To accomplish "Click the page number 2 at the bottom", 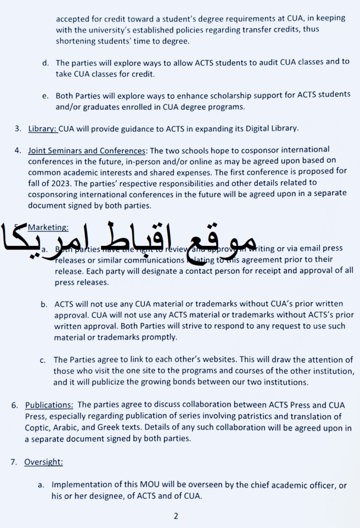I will (x=175, y=516).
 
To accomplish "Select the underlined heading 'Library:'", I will (x=43, y=128).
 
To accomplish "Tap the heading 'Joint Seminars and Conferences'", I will (x=87, y=151).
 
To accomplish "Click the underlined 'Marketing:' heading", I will (x=48, y=227).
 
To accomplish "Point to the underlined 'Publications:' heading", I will (x=49, y=405).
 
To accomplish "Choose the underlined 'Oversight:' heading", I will (x=43, y=462).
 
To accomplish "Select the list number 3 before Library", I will (x=18, y=128).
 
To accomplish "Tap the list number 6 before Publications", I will (x=14, y=405).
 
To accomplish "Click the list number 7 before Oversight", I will (x=14, y=462).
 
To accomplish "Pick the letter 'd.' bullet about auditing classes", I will (x=45, y=63).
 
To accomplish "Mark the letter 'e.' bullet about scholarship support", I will (x=45, y=95).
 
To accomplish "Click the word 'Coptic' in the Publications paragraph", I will (x=37, y=428).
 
